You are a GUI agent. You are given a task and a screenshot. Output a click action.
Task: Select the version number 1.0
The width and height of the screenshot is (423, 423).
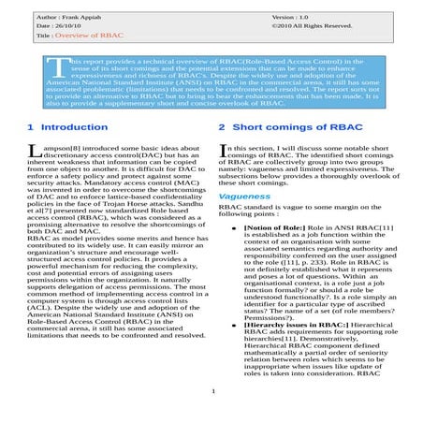[298, 17]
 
